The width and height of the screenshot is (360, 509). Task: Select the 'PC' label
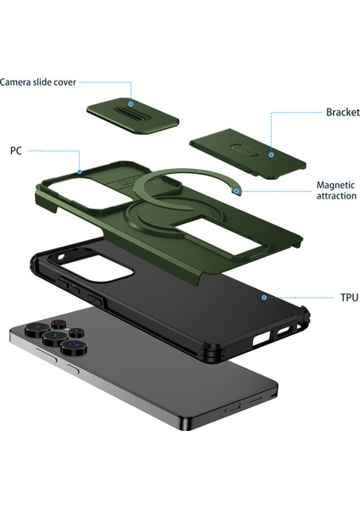(x=16, y=150)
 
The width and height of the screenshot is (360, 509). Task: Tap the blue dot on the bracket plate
(x=271, y=154)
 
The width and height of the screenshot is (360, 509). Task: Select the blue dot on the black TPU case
(x=264, y=298)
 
